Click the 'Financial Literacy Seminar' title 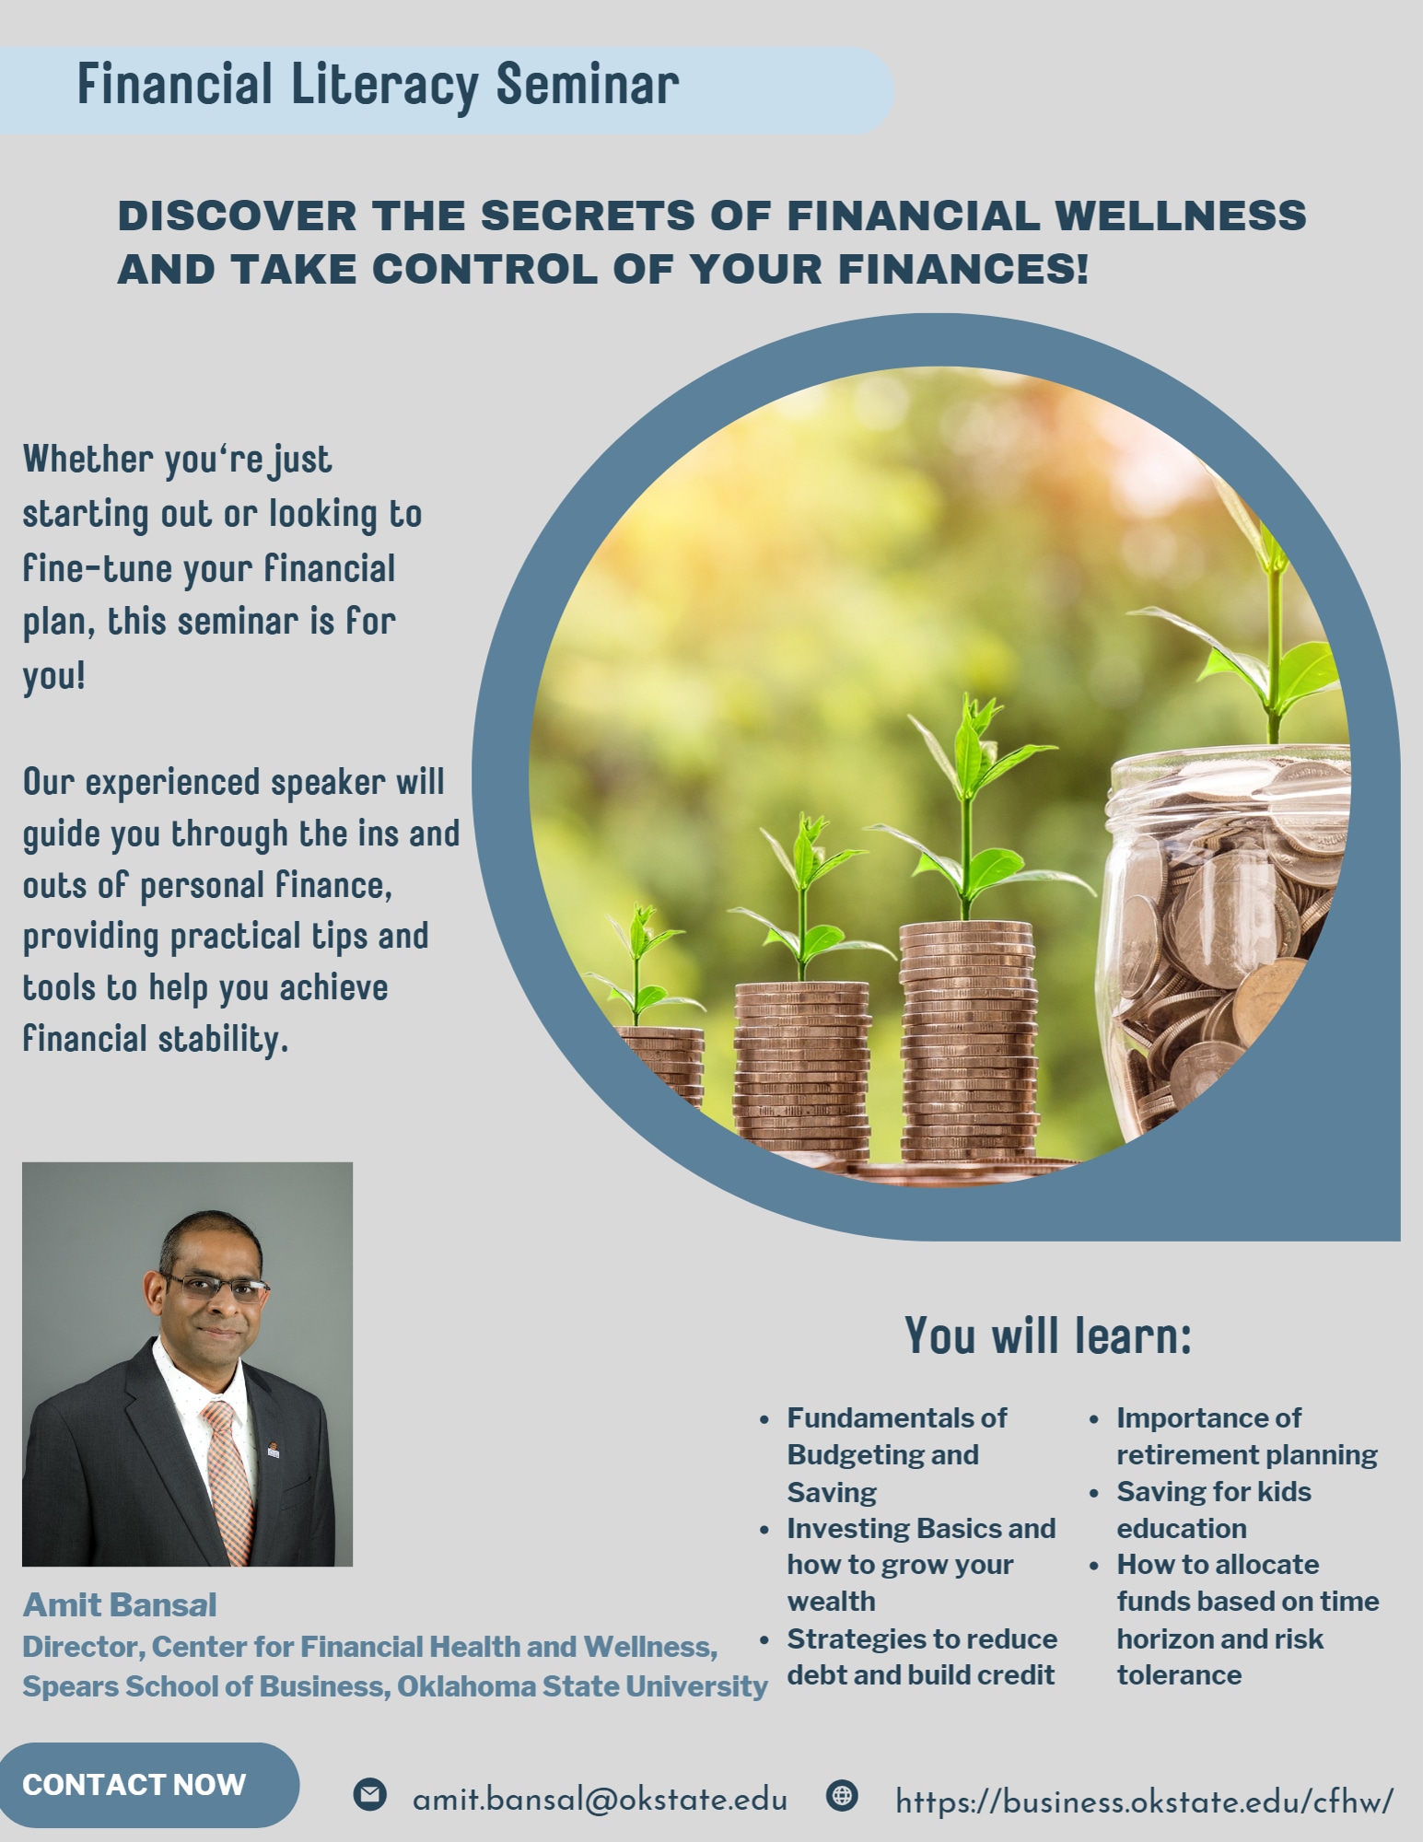[378, 87]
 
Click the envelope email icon [369, 1793]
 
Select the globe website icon [842, 1794]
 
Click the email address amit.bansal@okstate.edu [600, 1800]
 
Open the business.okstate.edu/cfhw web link [1145, 1801]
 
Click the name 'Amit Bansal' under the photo [120, 1605]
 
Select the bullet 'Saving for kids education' [1213, 1510]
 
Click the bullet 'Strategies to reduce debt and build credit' [921, 1657]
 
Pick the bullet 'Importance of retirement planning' [1246, 1436]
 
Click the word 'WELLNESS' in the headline [1180, 216]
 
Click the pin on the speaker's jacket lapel [273, 1447]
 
